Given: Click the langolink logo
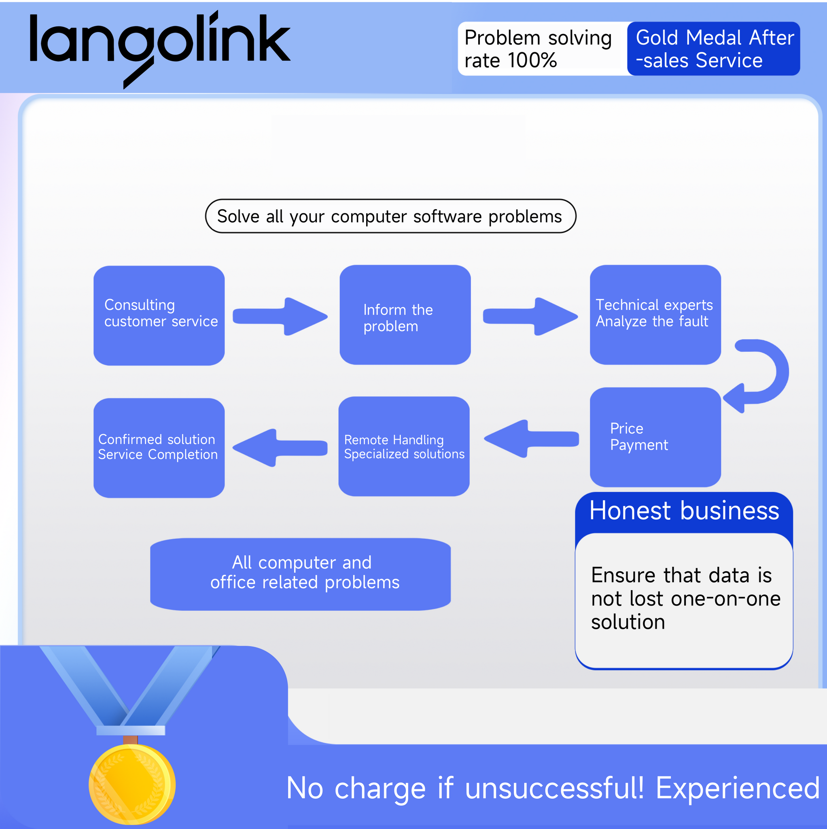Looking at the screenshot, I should coord(159,46).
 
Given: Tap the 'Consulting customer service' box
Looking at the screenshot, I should coord(159,315).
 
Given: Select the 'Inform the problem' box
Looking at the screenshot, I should coord(405,315).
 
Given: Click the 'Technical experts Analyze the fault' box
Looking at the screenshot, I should coord(655,315).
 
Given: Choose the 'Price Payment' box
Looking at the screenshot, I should coord(655,437).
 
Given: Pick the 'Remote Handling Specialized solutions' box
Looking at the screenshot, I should coord(404,446).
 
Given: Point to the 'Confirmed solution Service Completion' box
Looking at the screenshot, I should coord(159,448).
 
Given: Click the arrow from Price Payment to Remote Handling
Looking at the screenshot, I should coord(531,438).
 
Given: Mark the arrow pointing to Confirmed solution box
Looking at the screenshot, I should coord(280,448).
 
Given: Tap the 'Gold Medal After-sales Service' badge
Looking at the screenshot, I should coord(713,49).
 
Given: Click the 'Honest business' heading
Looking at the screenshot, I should coord(684,510).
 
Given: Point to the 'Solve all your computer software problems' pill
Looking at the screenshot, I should coord(390,216).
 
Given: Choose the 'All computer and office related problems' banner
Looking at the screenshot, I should coord(300,574).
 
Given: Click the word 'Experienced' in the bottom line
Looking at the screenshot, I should coord(737,788).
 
